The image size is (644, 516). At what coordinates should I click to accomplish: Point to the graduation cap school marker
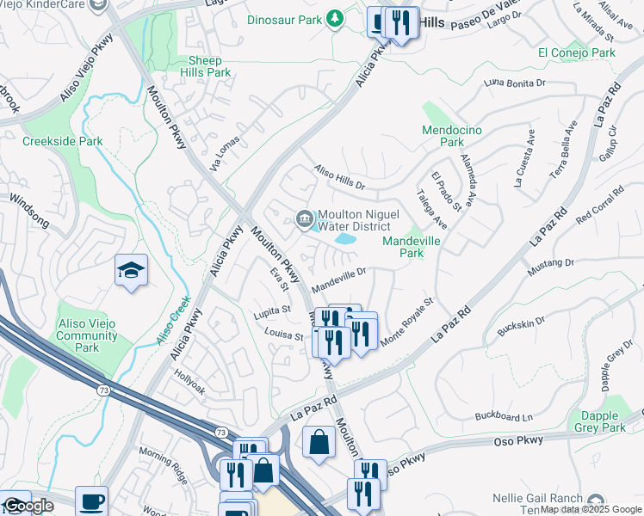[x=131, y=270]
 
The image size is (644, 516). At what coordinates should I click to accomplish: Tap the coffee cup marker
[x=91, y=501]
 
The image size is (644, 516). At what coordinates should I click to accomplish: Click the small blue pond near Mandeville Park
[x=346, y=240]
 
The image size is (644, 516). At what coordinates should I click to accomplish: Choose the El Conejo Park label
[x=576, y=52]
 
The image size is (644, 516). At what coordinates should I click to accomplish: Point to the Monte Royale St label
[x=406, y=323]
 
